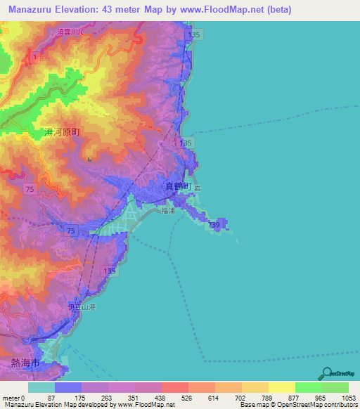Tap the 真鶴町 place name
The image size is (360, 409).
click(x=179, y=186)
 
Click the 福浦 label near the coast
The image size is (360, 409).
click(x=168, y=209)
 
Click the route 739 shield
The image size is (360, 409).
click(x=214, y=223)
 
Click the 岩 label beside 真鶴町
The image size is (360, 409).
click(x=199, y=187)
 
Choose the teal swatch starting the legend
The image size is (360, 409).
click(x=41, y=387)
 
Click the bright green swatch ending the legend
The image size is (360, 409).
click(x=335, y=387)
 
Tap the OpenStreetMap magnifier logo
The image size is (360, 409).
click(x=326, y=375)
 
